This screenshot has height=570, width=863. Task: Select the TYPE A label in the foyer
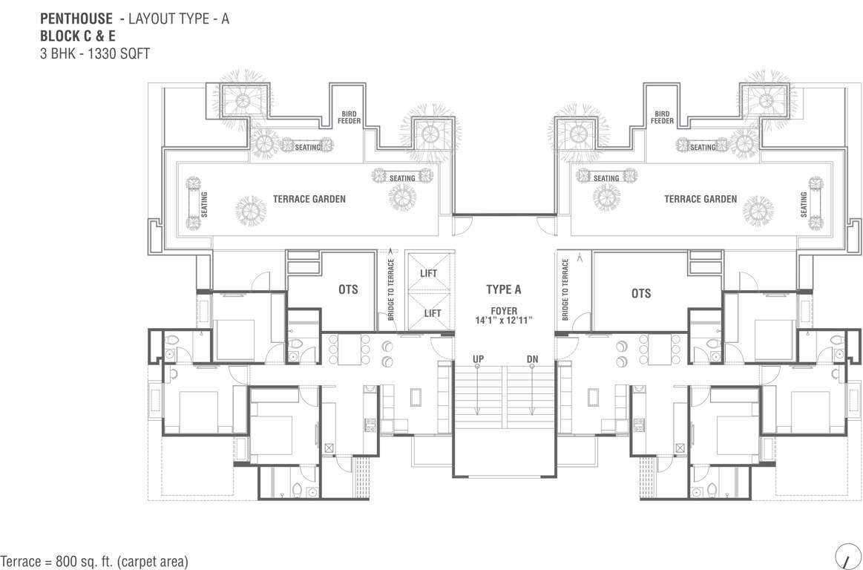click(x=504, y=289)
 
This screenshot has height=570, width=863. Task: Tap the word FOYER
click(x=503, y=310)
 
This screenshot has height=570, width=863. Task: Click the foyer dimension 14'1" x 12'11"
click(x=504, y=320)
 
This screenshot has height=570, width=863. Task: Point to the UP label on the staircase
click(x=479, y=360)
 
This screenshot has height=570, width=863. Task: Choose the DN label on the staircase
click(x=531, y=360)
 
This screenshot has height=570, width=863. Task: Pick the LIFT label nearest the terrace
click(x=429, y=273)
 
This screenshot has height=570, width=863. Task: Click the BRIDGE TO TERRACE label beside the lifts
click(x=391, y=289)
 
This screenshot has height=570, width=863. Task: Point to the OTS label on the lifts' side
click(x=348, y=289)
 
